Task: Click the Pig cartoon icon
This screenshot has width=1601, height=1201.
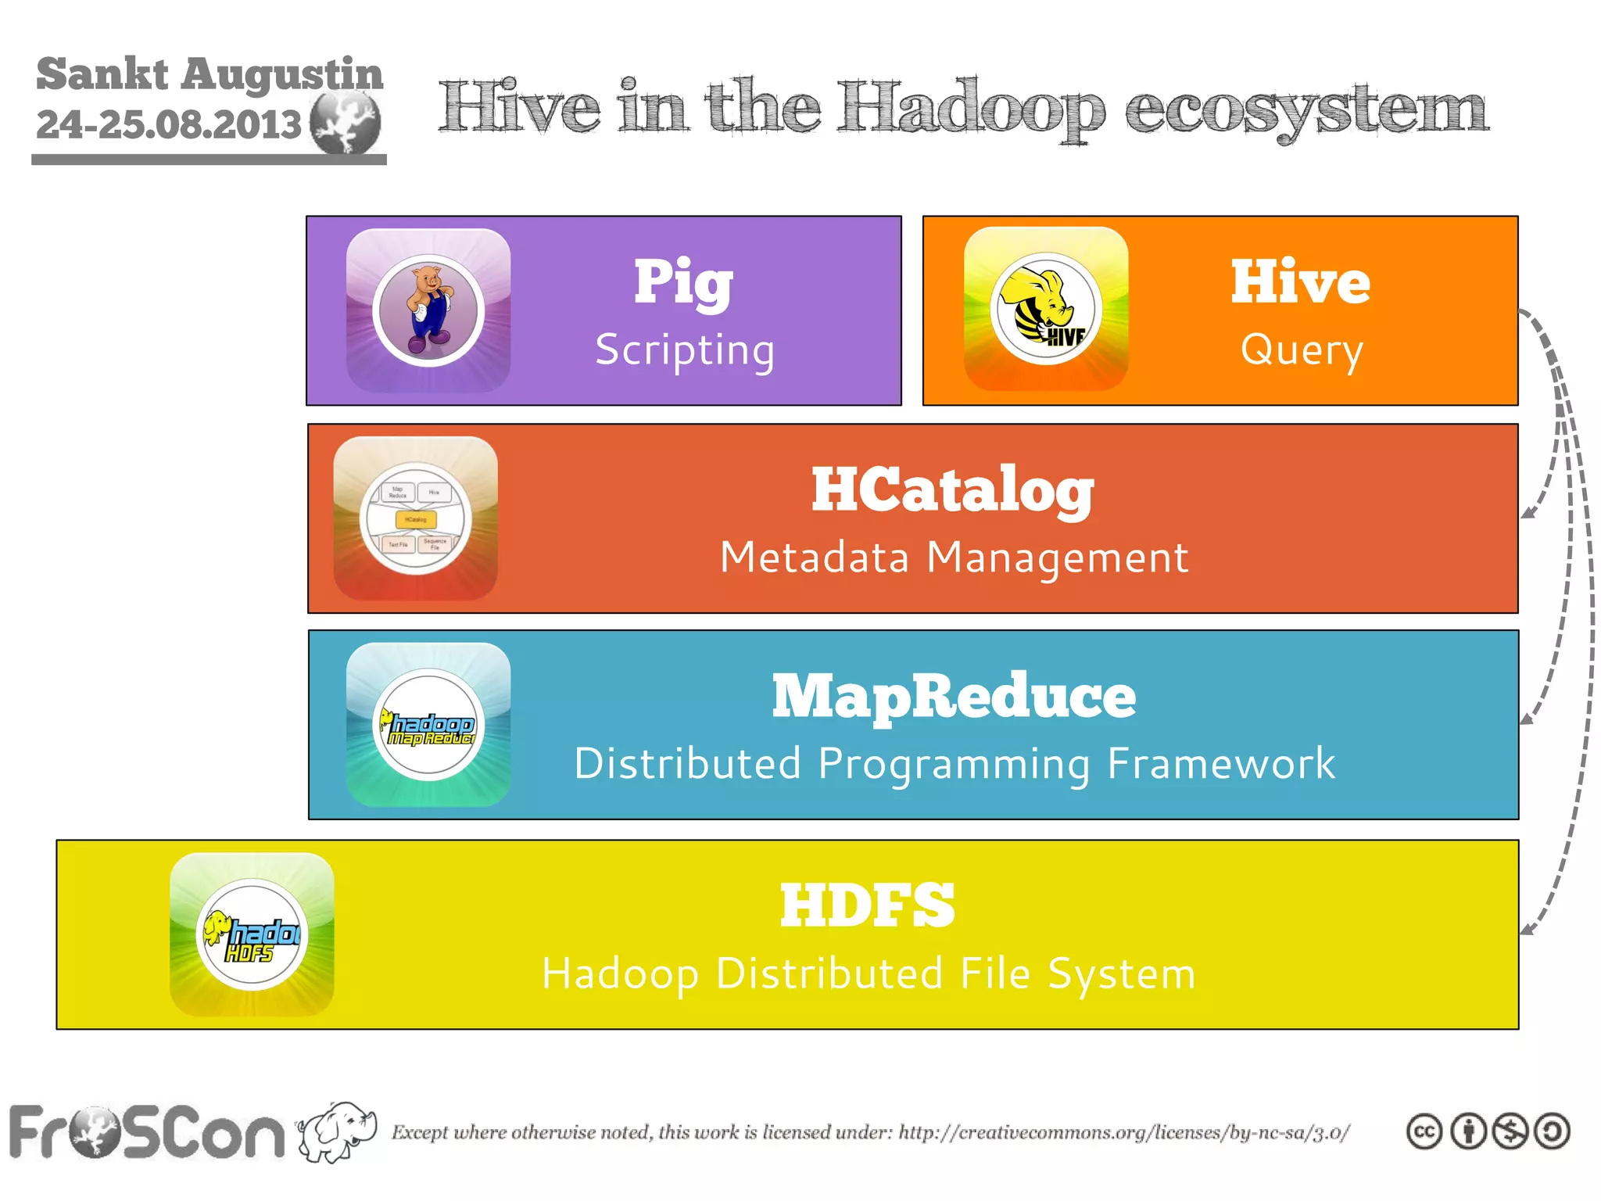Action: [x=428, y=310]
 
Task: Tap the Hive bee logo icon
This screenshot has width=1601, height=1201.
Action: [x=1046, y=309]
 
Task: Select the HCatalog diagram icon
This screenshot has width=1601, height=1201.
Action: [x=415, y=518]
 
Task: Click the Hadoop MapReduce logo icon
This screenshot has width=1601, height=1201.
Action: [x=428, y=725]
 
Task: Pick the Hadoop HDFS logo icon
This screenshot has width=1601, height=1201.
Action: [x=252, y=934]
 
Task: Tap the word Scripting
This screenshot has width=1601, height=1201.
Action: [x=685, y=350]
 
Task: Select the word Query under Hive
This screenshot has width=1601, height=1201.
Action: [x=1302, y=350]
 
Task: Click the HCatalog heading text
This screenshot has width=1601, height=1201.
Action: [x=952, y=490]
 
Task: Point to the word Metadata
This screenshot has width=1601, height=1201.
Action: [x=815, y=557]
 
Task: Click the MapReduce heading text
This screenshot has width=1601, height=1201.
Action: [x=954, y=696]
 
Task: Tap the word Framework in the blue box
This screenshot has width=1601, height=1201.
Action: [x=1221, y=764]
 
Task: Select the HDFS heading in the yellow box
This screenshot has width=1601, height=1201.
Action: [x=867, y=905]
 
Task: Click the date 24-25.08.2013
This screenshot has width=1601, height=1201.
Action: [x=169, y=124]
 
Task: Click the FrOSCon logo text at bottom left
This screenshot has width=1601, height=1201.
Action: [x=147, y=1133]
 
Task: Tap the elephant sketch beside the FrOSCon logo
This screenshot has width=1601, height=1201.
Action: [x=338, y=1131]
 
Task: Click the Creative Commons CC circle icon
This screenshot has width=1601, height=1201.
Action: [x=1424, y=1131]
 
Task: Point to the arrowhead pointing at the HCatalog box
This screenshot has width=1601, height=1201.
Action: [x=1529, y=513]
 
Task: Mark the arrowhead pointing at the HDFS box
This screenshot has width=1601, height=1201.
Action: [x=1529, y=929]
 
